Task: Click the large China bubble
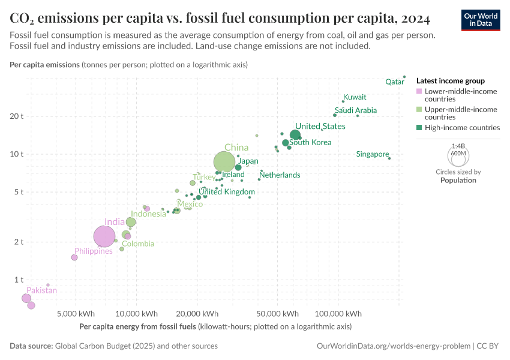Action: [x=224, y=161]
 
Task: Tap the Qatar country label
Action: [x=394, y=82]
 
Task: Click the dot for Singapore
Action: [x=389, y=158]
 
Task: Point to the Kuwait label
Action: [x=355, y=97]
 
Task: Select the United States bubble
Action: [x=295, y=135]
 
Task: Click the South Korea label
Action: [x=310, y=143]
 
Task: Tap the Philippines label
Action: [x=94, y=251]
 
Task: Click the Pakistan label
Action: [x=41, y=291]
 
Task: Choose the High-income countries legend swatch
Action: [x=419, y=128]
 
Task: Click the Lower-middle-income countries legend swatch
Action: [x=419, y=91]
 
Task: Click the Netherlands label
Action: [x=280, y=175]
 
